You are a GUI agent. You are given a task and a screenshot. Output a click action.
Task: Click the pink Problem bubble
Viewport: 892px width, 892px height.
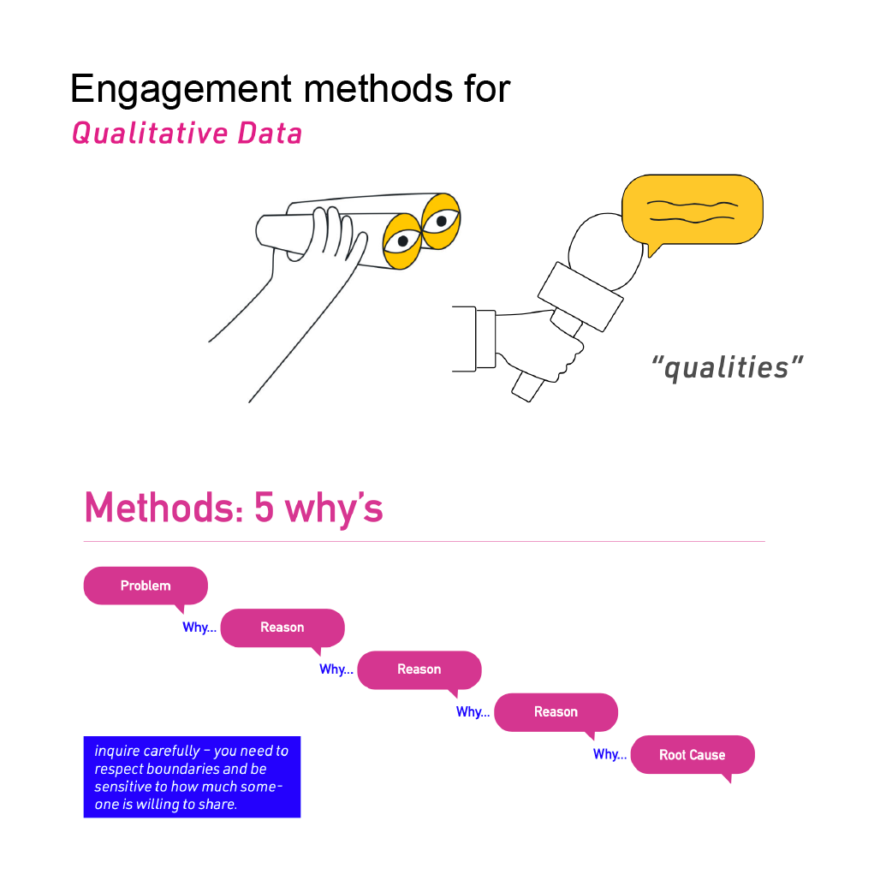point(146,586)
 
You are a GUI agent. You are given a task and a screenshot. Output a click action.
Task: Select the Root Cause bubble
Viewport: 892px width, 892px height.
point(693,755)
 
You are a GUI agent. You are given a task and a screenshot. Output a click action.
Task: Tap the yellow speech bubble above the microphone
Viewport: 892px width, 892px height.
point(692,211)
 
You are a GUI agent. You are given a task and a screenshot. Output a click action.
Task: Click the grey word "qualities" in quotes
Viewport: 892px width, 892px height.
point(727,367)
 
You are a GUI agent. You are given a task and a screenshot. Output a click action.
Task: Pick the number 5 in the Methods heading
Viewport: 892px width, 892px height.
point(265,508)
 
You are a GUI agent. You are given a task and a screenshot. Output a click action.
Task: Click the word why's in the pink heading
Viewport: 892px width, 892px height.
point(334,509)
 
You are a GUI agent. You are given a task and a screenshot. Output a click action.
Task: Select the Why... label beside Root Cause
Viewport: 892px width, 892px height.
point(610,754)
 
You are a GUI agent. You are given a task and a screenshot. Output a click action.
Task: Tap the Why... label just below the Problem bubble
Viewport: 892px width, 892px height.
point(199,627)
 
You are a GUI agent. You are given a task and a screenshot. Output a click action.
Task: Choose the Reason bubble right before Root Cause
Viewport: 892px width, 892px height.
point(556,712)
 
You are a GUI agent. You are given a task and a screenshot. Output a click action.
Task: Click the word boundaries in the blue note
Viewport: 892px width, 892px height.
point(198,769)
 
